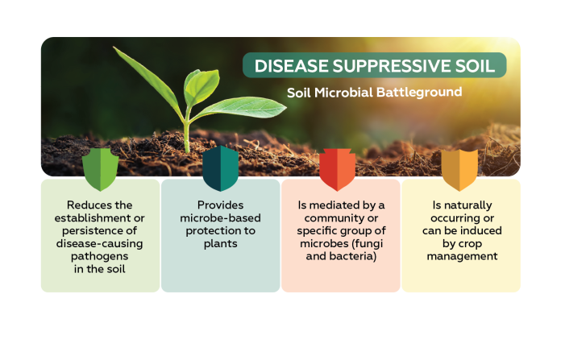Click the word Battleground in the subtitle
click(x=419, y=93)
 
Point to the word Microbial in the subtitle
click(x=344, y=93)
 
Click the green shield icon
click(x=100, y=169)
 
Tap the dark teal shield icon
click(x=220, y=168)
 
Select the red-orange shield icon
click(x=338, y=169)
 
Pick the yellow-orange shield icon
click(x=459, y=170)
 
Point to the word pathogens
click(x=99, y=257)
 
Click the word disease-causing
click(x=99, y=244)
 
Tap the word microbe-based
click(x=220, y=218)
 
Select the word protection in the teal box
click(x=210, y=231)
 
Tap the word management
click(x=462, y=257)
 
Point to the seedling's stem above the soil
click(x=186, y=134)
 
